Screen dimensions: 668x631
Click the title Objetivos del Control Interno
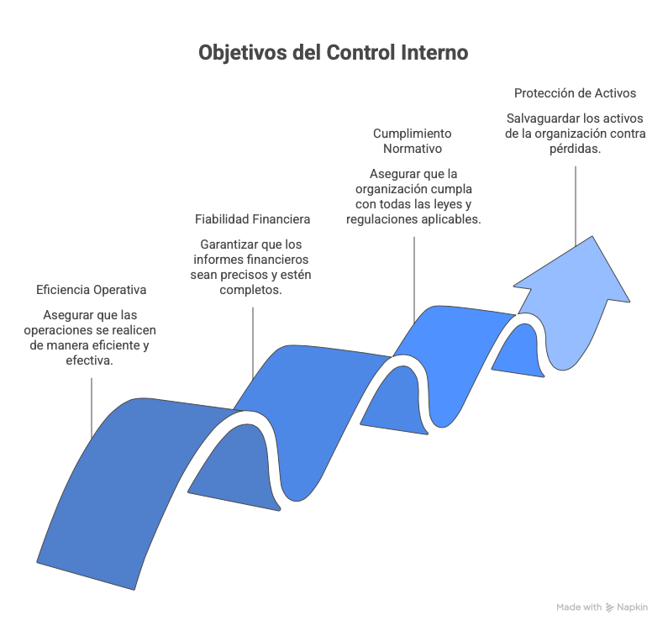click(x=334, y=53)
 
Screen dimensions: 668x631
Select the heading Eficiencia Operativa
click(x=92, y=290)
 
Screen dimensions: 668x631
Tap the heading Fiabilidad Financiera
click(x=253, y=219)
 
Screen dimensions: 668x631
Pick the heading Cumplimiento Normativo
click(x=413, y=141)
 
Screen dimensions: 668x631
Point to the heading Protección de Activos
click(x=575, y=93)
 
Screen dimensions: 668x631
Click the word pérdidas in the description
click(x=575, y=149)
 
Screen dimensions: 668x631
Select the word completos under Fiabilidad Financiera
click(x=251, y=290)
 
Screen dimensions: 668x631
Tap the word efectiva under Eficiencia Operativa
click(x=89, y=360)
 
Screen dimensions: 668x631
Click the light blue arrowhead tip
click(x=592, y=236)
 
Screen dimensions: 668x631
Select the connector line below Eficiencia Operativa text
click(x=92, y=408)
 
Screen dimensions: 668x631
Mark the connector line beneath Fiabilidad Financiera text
click(x=253, y=343)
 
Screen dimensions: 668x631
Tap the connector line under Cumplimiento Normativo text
click(x=414, y=280)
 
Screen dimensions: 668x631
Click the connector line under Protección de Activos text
click(x=576, y=206)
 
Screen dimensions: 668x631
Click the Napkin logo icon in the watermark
click(x=610, y=607)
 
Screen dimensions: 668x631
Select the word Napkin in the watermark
click(x=633, y=607)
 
